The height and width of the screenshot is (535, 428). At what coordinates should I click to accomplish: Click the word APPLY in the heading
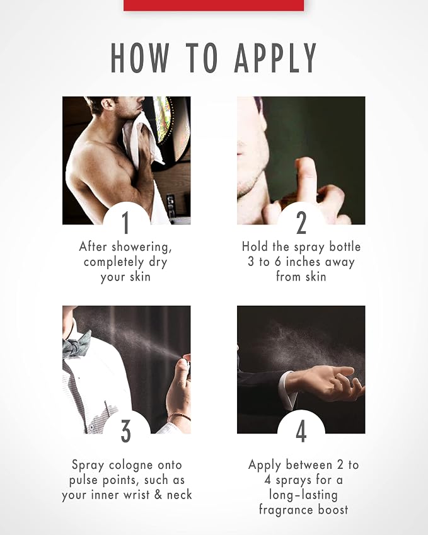click(275, 58)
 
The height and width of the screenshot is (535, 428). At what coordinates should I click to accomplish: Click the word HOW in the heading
click(141, 58)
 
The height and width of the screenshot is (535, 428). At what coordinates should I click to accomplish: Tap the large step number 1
click(126, 222)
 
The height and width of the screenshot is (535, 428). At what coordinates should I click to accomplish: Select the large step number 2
click(301, 222)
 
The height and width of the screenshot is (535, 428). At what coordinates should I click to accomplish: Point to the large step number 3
click(126, 431)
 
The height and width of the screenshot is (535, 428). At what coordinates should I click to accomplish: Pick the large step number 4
click(301, 431)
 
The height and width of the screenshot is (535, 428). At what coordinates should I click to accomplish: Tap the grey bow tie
click(76, 345)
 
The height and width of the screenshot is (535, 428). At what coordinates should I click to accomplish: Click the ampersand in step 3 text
click(158, 495)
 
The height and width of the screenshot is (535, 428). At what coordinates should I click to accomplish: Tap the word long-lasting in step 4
click(303, 495)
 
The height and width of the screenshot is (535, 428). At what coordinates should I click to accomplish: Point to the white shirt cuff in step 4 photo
click(287, 389)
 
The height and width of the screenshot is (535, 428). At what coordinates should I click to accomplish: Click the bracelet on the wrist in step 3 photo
click(179, 417)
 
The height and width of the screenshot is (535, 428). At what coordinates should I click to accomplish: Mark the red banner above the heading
click(214, 5)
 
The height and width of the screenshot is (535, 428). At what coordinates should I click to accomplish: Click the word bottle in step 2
click(345, 246)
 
